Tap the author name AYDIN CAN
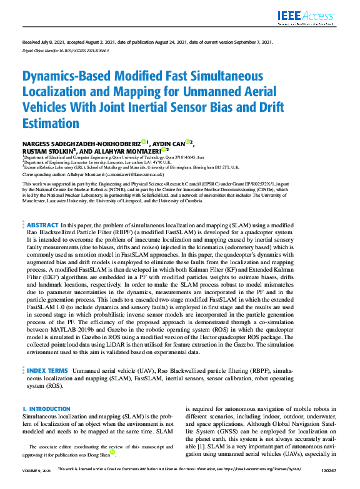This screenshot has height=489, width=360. pyautogui.click(x=169, y=142)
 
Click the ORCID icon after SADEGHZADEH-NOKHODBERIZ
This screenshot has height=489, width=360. pyautogui.click(x=143, y=141)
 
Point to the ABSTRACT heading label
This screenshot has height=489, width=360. pyautogui.click(x=43, y=224)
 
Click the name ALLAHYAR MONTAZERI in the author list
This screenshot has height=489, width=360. pyautogui.click(x=126, y=151)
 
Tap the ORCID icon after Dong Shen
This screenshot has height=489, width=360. pyautogui.click(x=113, y=453)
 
